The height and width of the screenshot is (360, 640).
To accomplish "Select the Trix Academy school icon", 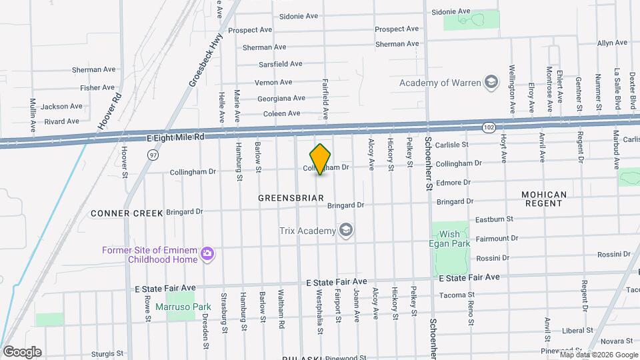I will pyautogui.click(x=345, y=231).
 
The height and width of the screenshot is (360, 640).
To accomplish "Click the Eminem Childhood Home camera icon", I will pyautogui.click(x=207, y=253).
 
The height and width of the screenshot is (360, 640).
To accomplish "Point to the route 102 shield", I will pyautogui.click(x=489, y=127).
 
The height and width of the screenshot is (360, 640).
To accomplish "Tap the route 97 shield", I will pyautogui.click(x=153, y=154).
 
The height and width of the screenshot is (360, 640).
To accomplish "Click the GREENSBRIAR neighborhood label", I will pyautogui.click(x=291, y=198).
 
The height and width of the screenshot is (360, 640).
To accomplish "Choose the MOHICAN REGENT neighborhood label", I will pyautogui.click(x=544, y=199).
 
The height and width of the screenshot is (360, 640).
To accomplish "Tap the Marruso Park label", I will pyautogui.click(x=183, y=307).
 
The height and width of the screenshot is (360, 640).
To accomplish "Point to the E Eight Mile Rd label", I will pyautogui.click(x=175, y=136).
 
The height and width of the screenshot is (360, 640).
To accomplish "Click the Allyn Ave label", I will pyautogui.click(x=612, y=43).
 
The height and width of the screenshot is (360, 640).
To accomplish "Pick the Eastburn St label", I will pyautogui.click(x=493, y=219).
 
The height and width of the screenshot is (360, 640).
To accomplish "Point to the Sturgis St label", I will pyautogui.click(x=107, y=353).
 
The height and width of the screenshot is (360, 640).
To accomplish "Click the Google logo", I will pyautogui.click(x=22, y=351).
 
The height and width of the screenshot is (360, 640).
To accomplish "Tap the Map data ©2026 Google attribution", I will pyautogui.click(x=597, y=355).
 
